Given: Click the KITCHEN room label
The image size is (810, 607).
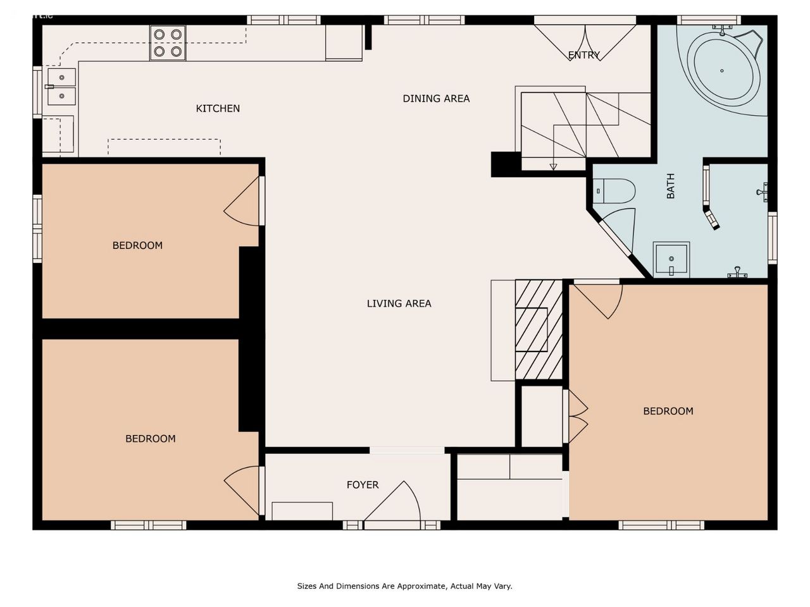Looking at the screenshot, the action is click(218, 108).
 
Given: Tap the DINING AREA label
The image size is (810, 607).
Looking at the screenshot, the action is click(436, 99).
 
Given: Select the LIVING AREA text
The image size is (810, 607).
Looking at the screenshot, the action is click(399, 303).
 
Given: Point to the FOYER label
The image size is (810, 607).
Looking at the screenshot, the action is click(363, 484).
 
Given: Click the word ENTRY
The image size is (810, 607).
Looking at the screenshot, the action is click(584, 55).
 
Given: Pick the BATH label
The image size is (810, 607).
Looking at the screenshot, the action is click(671, 186).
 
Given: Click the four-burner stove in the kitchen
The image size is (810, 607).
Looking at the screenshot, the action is click(168, 43).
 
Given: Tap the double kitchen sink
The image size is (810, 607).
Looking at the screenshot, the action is click(61, 87).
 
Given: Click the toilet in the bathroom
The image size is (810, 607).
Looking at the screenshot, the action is click(614, 191).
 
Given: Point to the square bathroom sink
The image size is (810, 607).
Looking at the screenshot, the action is click(671, 259).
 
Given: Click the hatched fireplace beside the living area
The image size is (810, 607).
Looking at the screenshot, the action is click(539, 329).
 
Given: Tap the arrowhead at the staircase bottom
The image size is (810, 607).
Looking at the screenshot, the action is click(553, 167).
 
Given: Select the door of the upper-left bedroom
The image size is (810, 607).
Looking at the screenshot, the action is click(242, 201).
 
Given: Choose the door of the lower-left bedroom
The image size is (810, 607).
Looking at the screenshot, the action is click(242, 490).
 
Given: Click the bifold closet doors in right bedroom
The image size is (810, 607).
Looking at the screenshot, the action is click(578, 416).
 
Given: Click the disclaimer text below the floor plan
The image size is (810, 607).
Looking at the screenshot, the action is click(404, 586).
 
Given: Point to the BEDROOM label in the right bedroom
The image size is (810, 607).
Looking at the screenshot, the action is click(668, 411).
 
